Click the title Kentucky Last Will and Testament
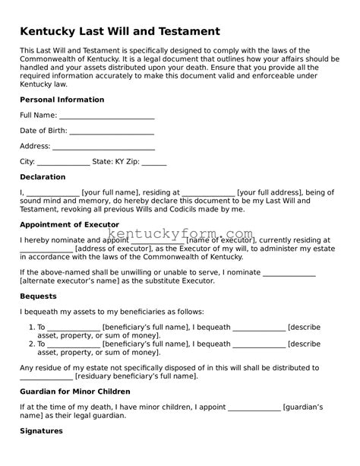120,31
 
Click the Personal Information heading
62,100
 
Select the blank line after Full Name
106,116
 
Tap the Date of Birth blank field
111,131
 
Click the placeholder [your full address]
272,193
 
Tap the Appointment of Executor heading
76,225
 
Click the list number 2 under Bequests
31,344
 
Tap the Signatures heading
41,431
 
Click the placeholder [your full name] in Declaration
115,193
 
